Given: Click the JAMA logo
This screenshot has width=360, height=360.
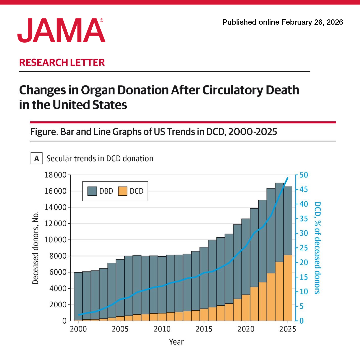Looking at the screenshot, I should click(61, 31).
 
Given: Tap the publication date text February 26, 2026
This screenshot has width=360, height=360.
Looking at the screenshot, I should click(312, 22).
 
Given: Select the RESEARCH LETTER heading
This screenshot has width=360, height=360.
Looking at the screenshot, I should click(62, 62).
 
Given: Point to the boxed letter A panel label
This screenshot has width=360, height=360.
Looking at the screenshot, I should click(37, 158).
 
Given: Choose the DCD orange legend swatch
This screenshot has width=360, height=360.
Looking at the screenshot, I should click(123, 191).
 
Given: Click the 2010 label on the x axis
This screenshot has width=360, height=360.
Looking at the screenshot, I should click(162, 329).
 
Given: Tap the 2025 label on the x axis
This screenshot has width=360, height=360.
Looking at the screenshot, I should click(287, 329).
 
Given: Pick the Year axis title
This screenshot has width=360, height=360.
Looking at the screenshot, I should click(176, 342).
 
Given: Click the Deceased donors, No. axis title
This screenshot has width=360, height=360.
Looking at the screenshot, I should click(36, 247).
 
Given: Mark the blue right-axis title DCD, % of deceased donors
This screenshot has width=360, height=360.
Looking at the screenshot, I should click(317, 247).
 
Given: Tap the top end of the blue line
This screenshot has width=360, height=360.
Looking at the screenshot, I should click(288, 178).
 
